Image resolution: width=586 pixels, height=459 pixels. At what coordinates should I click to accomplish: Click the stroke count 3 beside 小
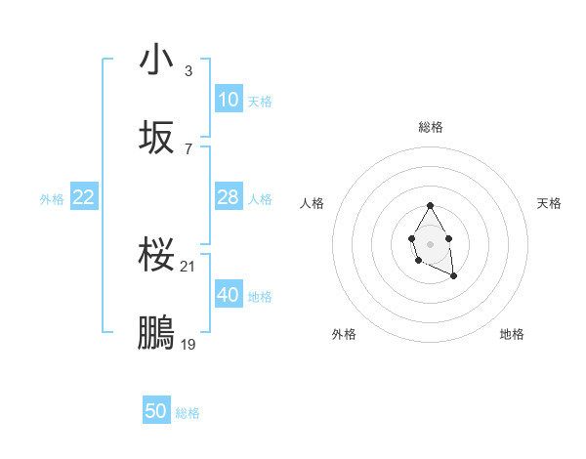188,71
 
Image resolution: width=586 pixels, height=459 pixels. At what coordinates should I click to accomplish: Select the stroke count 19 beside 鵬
189,344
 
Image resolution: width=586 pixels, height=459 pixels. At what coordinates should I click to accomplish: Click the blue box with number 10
229,100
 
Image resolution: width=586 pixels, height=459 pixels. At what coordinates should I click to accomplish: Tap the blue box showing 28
229,197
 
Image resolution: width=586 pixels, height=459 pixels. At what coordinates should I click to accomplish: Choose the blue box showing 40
229,295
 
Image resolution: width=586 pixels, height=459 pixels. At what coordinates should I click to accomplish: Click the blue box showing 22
84,197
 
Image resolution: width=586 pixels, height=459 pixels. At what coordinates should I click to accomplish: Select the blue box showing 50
156,411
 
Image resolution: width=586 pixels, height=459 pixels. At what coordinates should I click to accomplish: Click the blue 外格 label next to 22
52,198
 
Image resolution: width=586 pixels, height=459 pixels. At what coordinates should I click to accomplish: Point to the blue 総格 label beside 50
188,412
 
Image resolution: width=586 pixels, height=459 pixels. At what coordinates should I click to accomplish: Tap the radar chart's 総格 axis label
431,127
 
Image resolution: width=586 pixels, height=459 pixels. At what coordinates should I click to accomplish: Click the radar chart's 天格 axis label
549,203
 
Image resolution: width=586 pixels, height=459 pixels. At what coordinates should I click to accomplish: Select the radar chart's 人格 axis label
313,203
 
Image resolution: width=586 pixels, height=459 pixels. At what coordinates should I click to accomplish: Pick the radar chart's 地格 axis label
512,334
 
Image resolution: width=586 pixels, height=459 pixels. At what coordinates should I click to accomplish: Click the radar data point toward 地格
454,276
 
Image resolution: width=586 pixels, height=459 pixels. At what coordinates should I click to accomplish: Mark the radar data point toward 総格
430,205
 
